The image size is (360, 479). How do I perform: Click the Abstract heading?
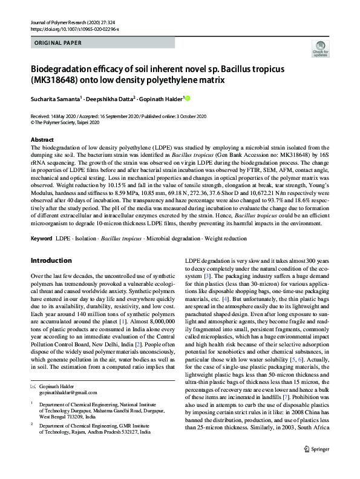coord(42,139)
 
